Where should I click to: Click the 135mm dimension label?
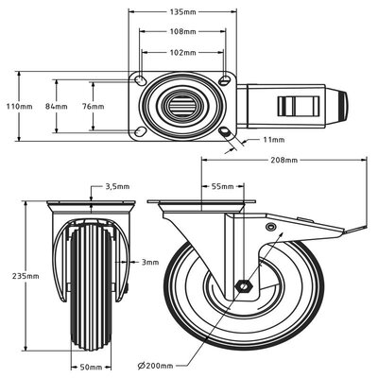coord(183,13)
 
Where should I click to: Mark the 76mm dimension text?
coord(93,106)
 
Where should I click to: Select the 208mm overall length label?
coord(283,161)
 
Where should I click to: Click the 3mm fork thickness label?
coord(149,262)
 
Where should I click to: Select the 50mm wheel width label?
coord(90,365)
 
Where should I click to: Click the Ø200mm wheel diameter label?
coord(157,365)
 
